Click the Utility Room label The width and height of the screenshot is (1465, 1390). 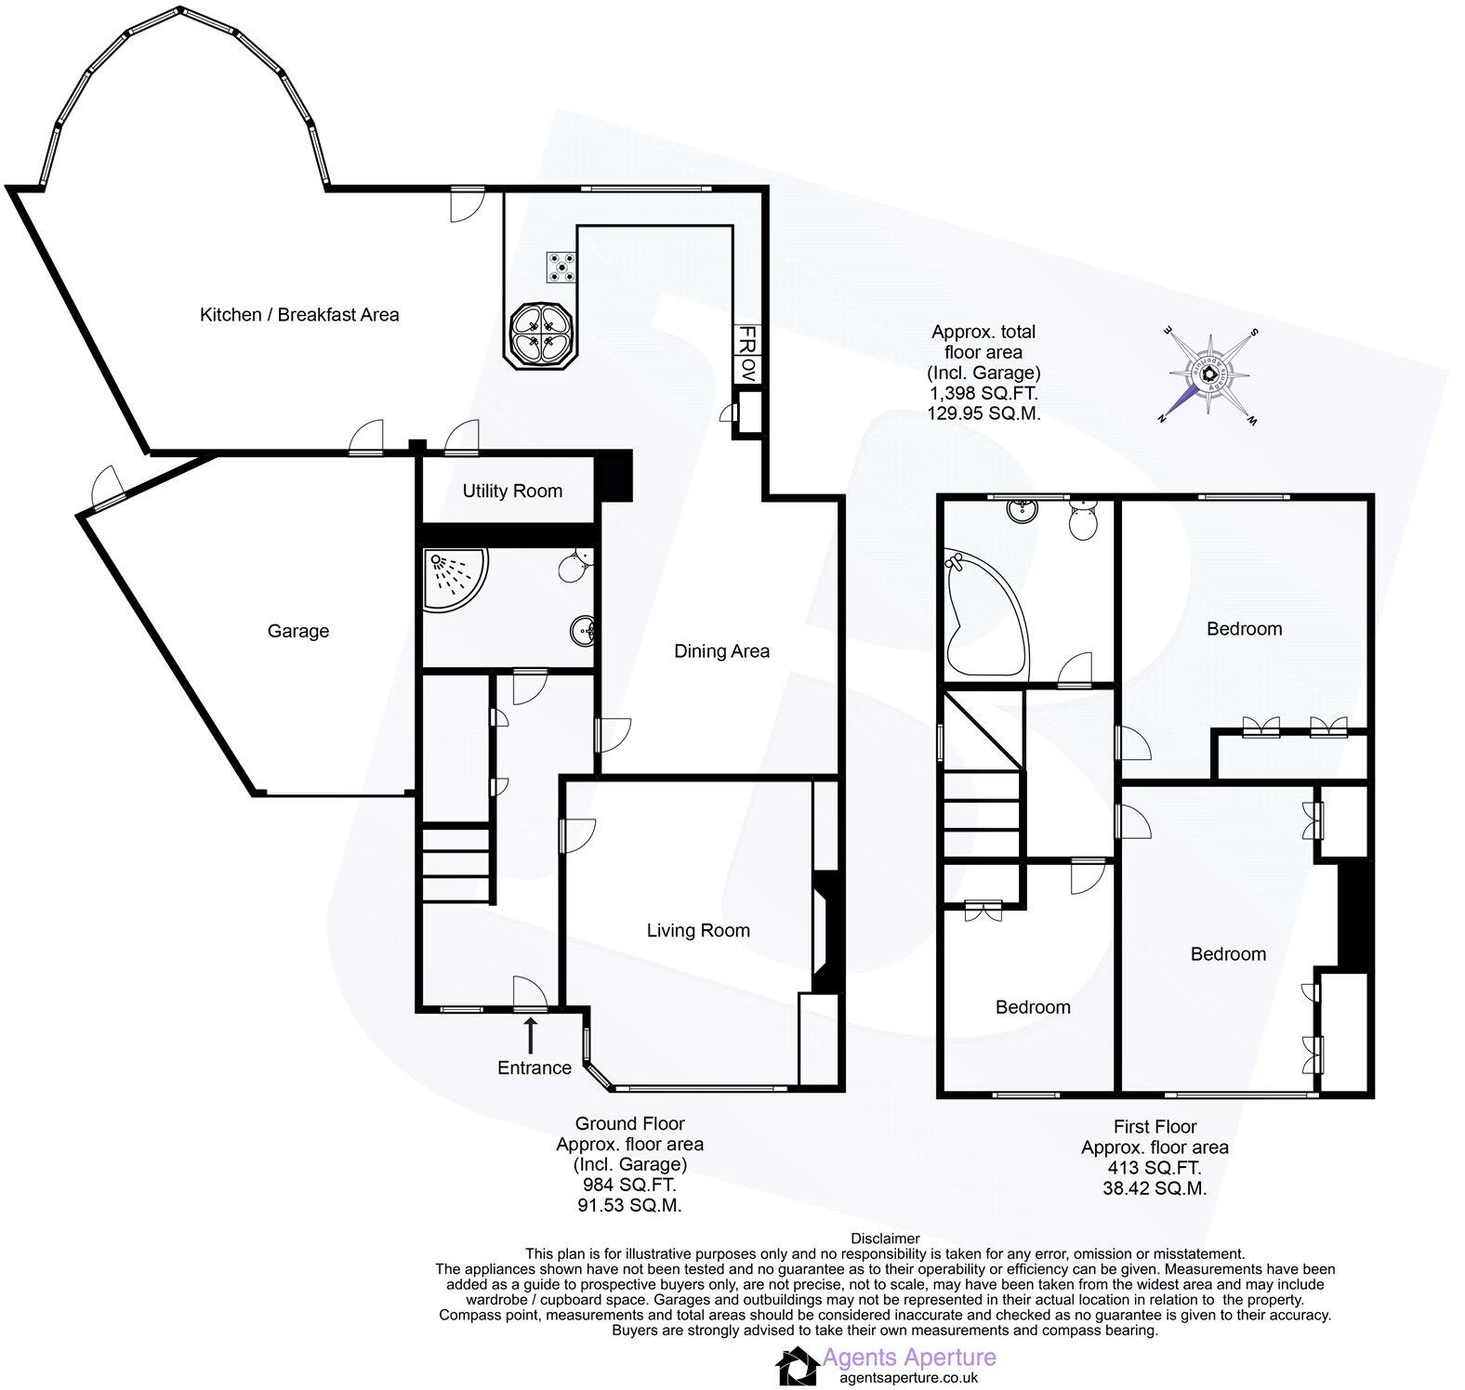512,491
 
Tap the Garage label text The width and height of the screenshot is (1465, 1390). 297,631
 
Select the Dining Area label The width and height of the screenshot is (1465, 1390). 721,651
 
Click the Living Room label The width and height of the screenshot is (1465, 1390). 697,930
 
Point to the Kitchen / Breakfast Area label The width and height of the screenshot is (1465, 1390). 299,315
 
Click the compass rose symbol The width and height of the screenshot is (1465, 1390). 1208,374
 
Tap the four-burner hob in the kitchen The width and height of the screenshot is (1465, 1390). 561,268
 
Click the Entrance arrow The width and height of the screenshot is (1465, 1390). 531,1033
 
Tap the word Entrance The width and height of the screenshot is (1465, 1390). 534,1068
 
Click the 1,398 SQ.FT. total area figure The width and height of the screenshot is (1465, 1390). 983,393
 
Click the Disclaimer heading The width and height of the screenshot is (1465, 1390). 884,1238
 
